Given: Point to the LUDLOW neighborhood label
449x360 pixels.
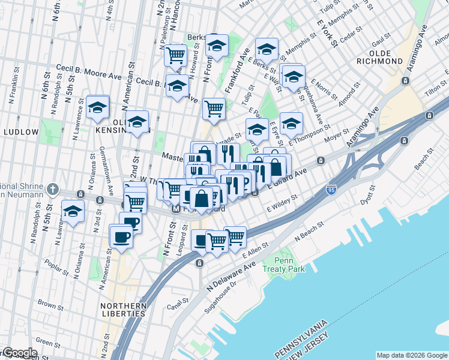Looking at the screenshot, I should pos(21,132).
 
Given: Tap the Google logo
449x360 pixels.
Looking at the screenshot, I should pos(20,353).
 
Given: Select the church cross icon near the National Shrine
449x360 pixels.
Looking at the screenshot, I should pos(53,190).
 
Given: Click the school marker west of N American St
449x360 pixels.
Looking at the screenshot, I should pos(97,108).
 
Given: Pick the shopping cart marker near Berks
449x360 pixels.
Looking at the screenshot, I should pos(176,56).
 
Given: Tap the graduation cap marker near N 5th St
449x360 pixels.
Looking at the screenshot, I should pos(73,212).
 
